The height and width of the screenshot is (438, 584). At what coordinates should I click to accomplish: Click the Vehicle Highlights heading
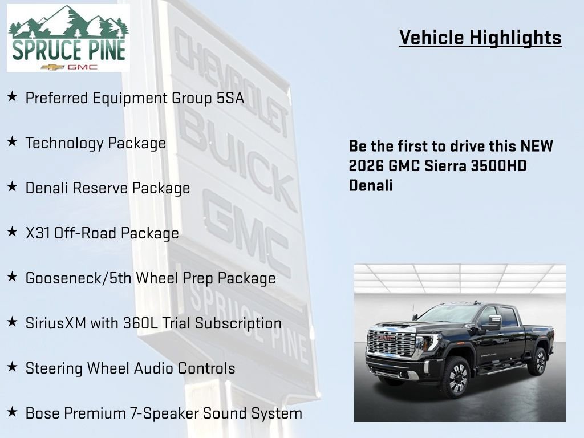pyautogui.click(x=480, y=38)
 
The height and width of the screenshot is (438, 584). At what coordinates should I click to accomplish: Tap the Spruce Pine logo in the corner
pyautogui.click(x=68, y=38)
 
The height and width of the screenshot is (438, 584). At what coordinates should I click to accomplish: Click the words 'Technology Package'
pyautogui.click(x=96, y=143)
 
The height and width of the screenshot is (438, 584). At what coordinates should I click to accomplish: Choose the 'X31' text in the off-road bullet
pyautogui.click(x=38, y=233)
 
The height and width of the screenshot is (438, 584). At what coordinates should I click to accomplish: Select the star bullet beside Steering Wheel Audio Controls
pyautogui.click(x=12, y=368)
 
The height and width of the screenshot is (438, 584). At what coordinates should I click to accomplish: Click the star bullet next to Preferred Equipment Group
pyautogui.click(x=12, y=98)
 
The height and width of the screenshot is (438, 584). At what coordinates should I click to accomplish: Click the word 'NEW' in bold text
pyautogui.click(x=536, y=146)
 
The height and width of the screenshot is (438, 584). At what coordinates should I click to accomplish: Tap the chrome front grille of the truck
pyautogui.click(x=391, y=343)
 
